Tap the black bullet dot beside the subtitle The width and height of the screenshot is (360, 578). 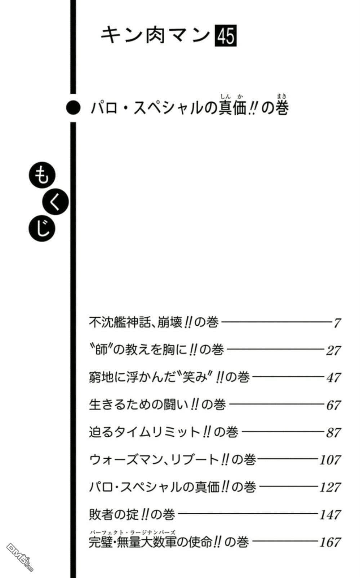point(73,107)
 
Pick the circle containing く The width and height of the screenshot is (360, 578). point(55,202)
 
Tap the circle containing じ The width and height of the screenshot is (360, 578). point(42,229)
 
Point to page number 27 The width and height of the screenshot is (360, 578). point(333,350)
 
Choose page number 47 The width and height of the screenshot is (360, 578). point(333,378)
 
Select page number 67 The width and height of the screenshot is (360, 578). point(333,405)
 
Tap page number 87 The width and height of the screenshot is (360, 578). point(333,432)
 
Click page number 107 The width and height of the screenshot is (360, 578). point(330,460)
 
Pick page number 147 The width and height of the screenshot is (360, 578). point(330,515)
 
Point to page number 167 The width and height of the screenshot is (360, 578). point(330,542)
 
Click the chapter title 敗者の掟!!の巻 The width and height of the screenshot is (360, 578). point(132,514)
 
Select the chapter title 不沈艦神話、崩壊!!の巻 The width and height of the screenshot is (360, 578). point(154,322)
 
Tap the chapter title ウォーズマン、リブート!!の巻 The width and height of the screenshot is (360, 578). point(173,459)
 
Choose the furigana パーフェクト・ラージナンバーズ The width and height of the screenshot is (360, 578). point(133,532)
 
